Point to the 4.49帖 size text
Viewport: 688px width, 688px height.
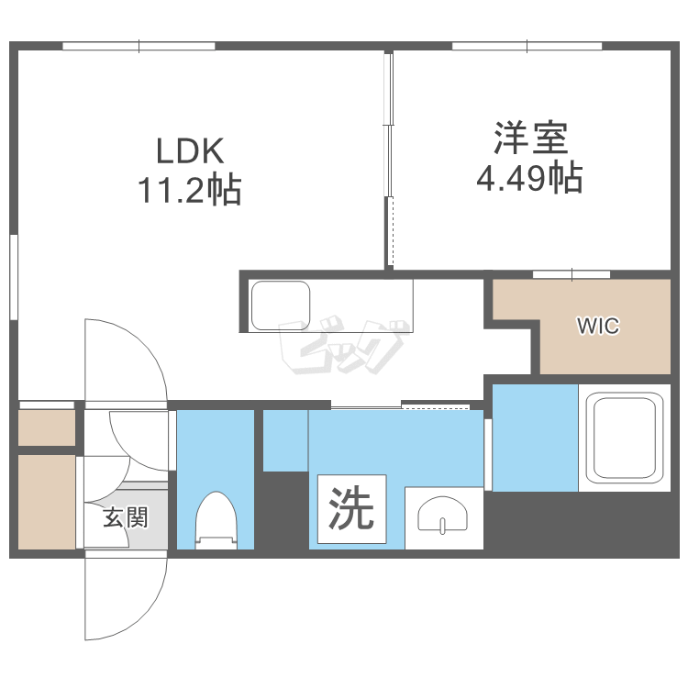tap(529, 178)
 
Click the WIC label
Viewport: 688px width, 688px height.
tap(597, 326)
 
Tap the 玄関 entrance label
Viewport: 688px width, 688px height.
tap(125, 518)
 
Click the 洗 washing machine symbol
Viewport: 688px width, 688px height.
tap(351, 509)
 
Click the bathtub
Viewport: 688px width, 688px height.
tap(625, 438)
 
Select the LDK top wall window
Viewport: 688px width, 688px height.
tap(139, 45)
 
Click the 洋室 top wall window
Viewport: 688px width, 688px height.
tap(527, 45)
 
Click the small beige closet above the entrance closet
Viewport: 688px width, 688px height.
tap(46, 427)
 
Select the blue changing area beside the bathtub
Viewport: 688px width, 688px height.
tap(534, 438)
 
